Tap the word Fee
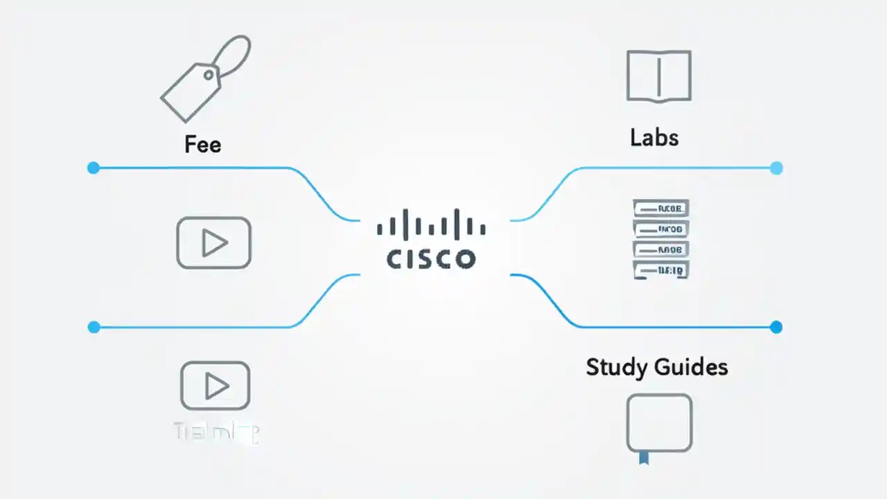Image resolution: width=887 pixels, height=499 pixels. (203, 144)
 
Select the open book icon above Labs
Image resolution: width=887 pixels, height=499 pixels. (658, 76)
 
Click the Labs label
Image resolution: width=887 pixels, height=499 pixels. (654, 137)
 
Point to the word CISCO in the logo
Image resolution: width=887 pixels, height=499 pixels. (431, 259)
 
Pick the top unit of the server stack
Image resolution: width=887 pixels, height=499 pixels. (661, 208)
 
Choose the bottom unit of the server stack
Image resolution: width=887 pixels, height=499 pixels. (661, 270)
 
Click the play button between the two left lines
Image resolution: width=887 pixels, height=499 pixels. (214, 243)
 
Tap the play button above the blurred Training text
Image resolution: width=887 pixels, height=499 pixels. (215, 385)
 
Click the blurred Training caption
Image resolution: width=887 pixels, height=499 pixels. (216, 433)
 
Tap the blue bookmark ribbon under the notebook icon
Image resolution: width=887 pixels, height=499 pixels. (644, 457)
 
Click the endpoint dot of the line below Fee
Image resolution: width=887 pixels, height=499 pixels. (94, 168)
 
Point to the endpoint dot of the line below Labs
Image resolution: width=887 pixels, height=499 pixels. (776, 168)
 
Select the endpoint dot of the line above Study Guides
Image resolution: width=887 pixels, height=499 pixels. (776, 326)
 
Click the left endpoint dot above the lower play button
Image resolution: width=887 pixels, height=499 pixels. (94, 326)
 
